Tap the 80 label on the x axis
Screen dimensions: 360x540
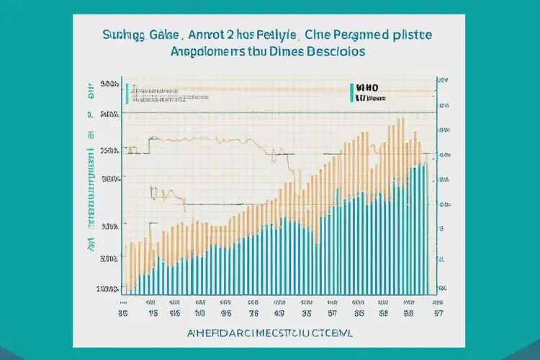123,314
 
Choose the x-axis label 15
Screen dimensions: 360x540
153,314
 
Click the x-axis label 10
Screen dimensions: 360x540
200,314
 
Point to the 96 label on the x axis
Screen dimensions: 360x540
227,314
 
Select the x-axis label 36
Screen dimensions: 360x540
254,314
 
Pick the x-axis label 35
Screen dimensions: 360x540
307,314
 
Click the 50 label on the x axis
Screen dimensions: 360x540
409,314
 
